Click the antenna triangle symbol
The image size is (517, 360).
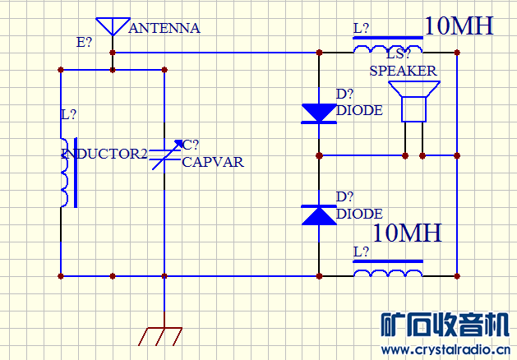[113, 25]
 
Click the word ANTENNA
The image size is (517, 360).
[164, 28]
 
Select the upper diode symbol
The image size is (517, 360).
[319, 113]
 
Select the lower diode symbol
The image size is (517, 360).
[319, 215]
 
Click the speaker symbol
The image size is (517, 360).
[413, 105]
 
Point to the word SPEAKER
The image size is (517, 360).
[403, 71]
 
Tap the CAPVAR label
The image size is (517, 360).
[213, 162]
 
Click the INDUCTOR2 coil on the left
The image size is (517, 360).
[64, 173]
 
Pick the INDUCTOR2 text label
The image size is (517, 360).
[104, 153]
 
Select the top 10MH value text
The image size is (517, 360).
[459, 25]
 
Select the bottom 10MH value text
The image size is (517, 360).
[407, 233]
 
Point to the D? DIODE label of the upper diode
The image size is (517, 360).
[359, 103]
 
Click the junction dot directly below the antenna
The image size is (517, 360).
[113, 52]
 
